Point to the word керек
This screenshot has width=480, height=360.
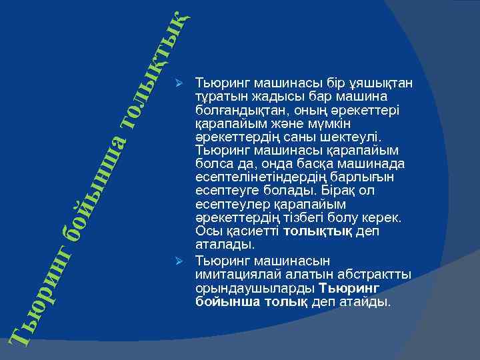click(383, 217)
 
